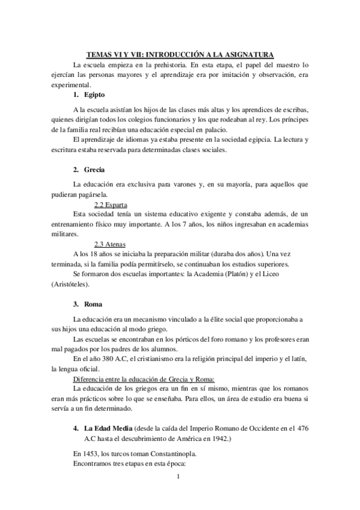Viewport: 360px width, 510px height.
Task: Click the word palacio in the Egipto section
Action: tap(216, 129)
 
